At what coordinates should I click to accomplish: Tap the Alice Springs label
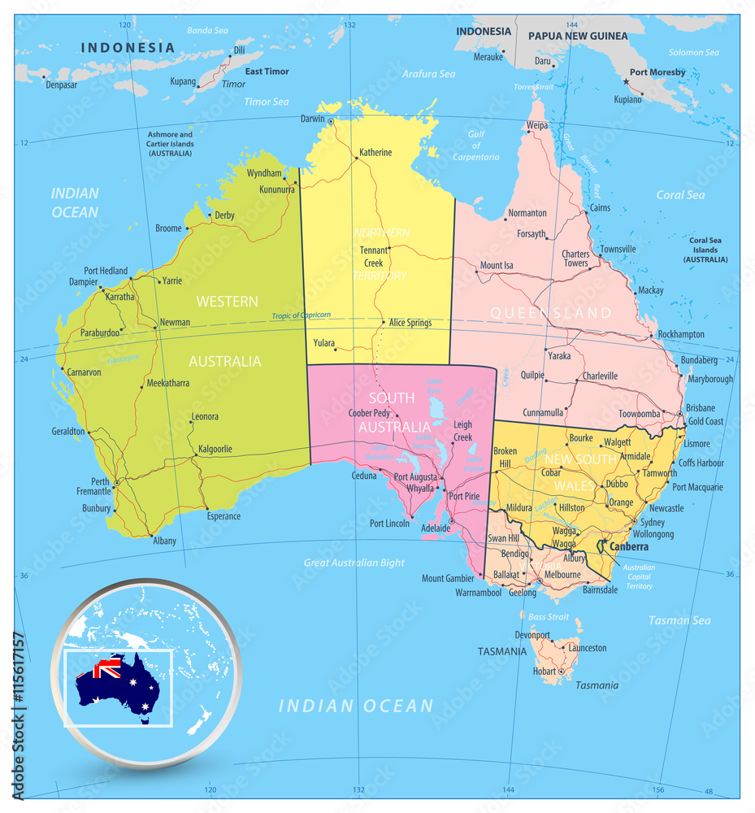coord(410,323)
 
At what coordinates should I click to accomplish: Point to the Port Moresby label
coord(657,72)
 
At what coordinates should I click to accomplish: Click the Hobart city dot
coord(561,672)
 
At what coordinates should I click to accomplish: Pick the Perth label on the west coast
coord(101,481)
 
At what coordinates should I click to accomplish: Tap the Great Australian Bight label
coord(354,563)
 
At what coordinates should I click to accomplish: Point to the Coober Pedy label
coord(370,413)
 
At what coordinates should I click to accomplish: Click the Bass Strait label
coord(549,617)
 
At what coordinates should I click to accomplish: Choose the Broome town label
coord(168,228)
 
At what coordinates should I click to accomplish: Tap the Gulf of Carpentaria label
coord(476,146)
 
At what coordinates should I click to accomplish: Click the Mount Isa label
coord(497,265)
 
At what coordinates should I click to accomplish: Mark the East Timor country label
coord(267,72)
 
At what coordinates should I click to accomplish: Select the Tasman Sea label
coord(679,620)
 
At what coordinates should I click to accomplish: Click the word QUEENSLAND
coord(551,313)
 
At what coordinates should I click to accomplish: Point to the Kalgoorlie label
coord(215,448)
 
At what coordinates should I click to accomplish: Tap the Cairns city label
coord(600,208)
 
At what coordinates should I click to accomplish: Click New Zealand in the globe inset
coord(200,720)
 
